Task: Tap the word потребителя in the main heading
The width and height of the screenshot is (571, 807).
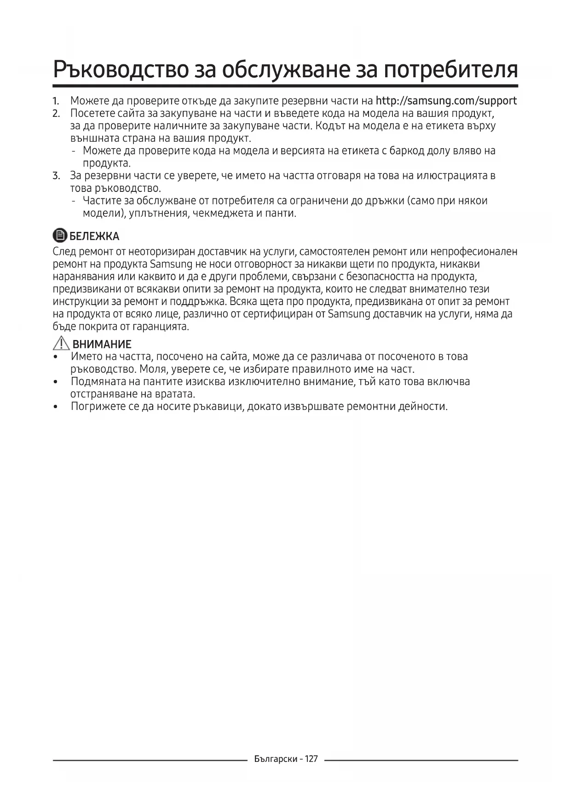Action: [x=450, y=69]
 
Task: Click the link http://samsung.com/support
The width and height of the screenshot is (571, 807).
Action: [x=446, y=101]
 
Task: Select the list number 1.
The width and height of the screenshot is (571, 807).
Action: [x=56, y=101]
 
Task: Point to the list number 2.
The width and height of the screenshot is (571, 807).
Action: [x=56, y=113]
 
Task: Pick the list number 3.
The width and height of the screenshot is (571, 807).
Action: [x=56, y=176]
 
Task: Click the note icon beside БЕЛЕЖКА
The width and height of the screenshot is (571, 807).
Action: [x=60, y=236]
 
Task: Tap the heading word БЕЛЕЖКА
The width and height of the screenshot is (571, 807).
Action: [x=94, y=236]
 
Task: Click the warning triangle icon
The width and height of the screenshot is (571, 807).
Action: [x=61, y=343]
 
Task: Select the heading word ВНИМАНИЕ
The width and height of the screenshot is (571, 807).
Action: [x=102, y=344]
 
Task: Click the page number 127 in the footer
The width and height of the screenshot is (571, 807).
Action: [x=311, y=759]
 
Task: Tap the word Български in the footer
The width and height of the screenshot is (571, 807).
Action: [x=276, y=759]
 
